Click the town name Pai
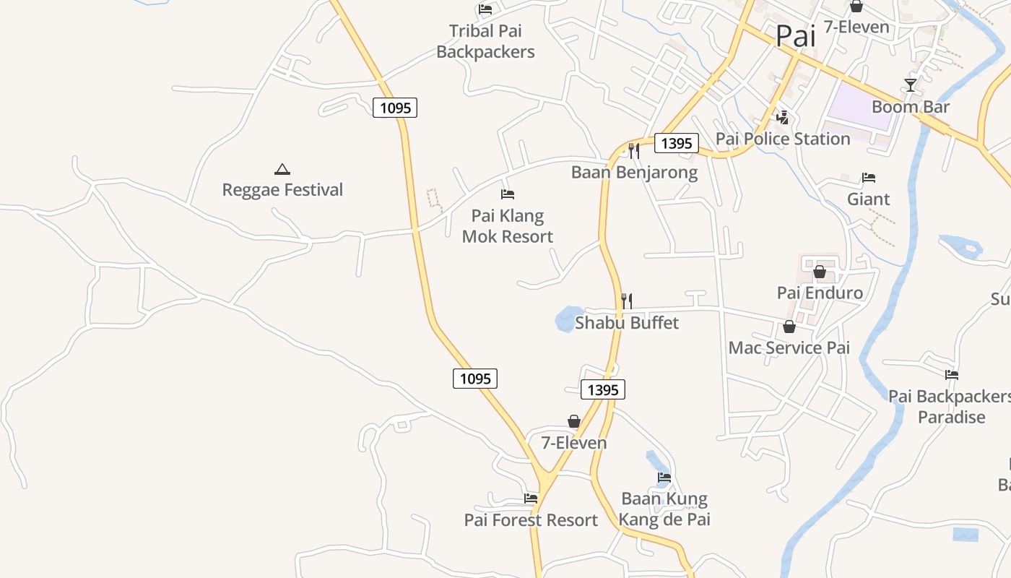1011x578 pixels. pos(795,36)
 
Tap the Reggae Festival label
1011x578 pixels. pos(282,190)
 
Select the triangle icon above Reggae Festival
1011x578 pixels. pos(282,170)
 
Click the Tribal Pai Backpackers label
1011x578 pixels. pos(485,41)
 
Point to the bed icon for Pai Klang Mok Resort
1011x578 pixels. pos(508,194)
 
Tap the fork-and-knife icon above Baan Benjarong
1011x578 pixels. pos(634,151)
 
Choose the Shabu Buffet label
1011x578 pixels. pos(627,322)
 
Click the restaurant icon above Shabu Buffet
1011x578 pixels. pos(627,301)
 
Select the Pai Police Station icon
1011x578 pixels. pos(782,117)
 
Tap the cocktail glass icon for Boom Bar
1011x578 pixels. pos(911,85)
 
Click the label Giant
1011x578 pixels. pos(868,199)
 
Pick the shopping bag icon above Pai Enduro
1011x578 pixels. pos(820,272)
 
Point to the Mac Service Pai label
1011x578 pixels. pos(789,348)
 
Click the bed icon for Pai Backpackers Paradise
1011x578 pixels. pos(952,375)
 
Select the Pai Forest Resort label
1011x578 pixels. pos(531,520)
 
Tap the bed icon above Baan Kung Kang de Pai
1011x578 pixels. pos(664,478)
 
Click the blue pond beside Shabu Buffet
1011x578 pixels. pos(565,319)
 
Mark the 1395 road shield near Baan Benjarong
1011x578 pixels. pos(677,143)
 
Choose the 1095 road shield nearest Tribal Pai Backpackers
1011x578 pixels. pos(395,108)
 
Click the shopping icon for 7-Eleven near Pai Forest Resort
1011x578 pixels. pos(574,421)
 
